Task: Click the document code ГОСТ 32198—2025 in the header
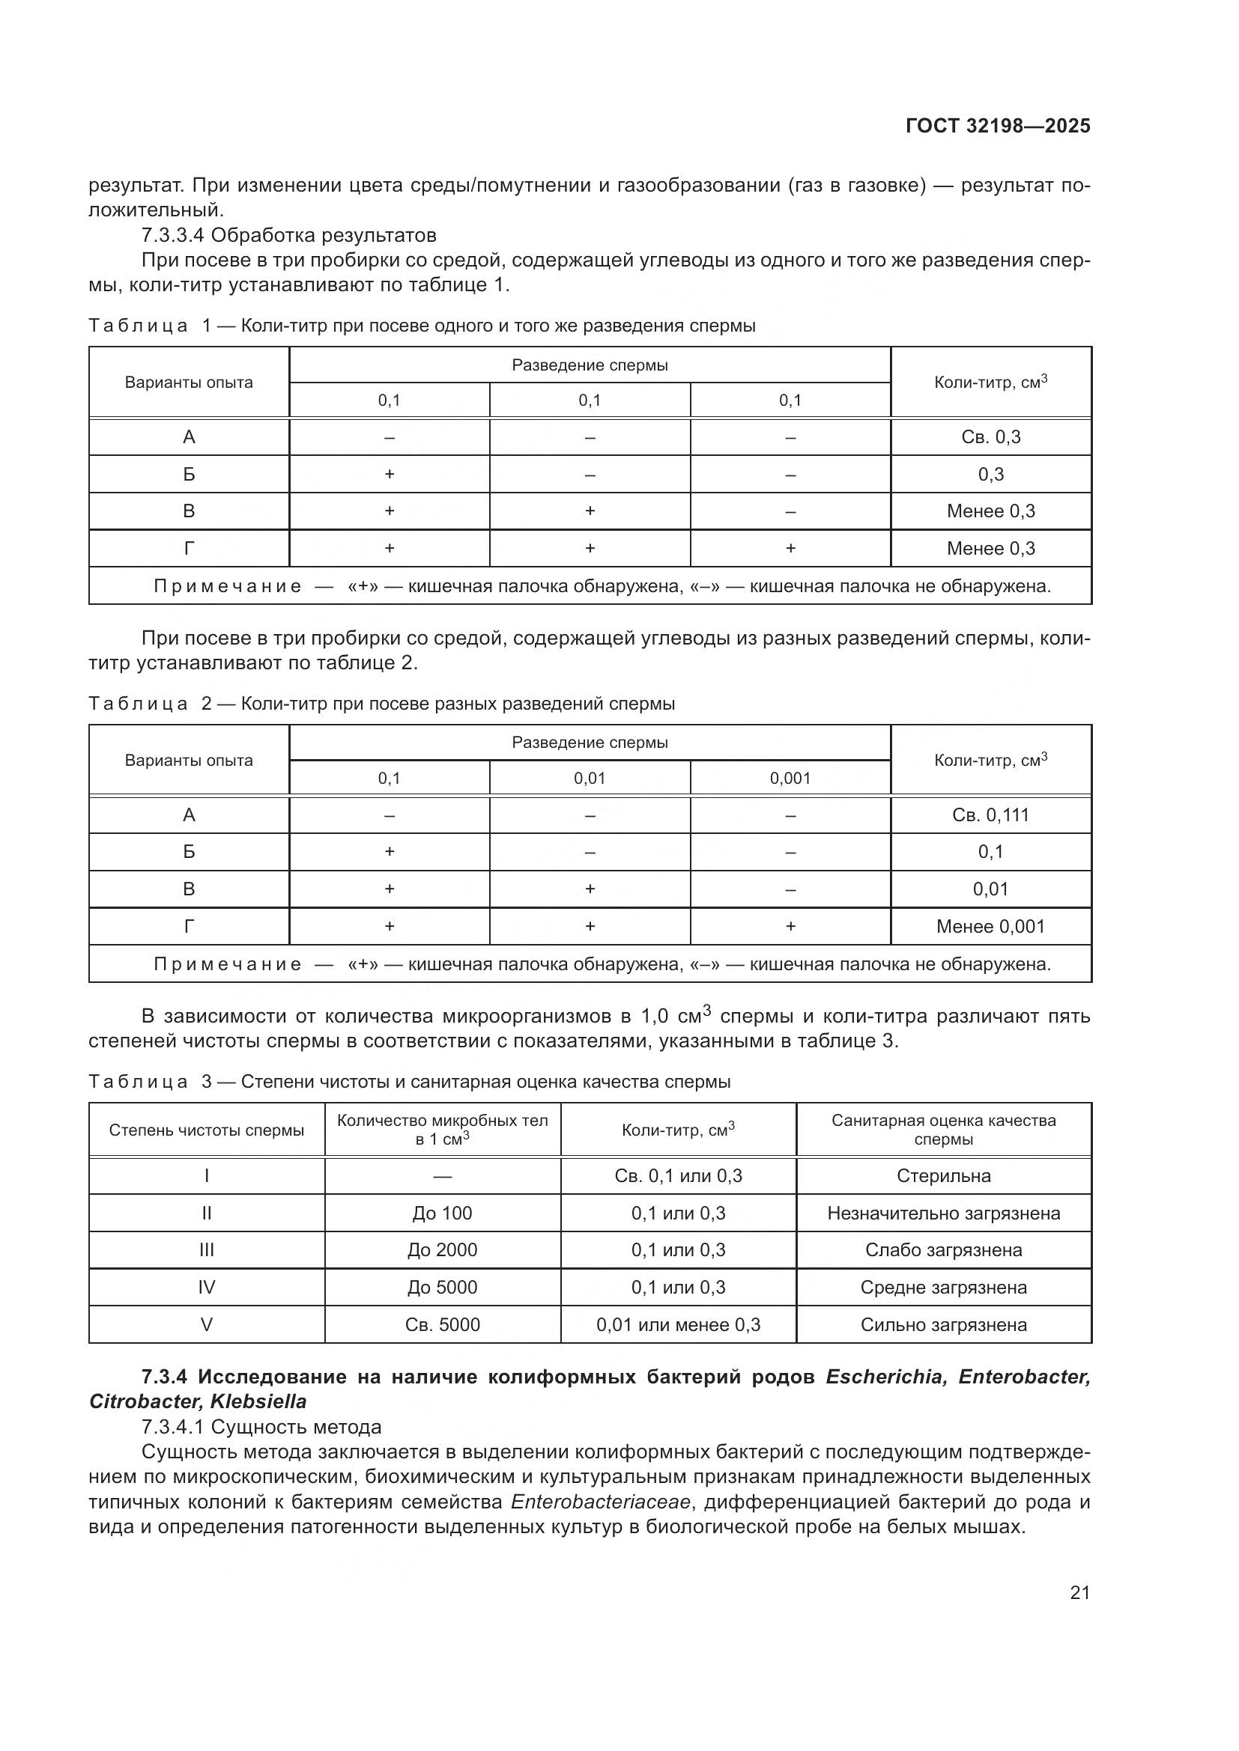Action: pos(998,127)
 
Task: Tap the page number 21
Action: pos(1079,1592)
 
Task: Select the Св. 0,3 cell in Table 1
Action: pos(990,437)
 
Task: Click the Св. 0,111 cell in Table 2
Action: pos(990,815)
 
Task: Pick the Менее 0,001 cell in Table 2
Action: pos(990,927)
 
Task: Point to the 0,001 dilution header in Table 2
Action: pos(790,779)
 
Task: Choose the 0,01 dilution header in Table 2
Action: pos(589,779)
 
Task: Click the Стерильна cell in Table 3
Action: pos(943,1176)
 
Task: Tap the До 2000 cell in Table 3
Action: pos(442,1250)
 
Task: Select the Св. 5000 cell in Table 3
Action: pos(442,1325)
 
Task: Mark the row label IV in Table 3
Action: pos(206,1288)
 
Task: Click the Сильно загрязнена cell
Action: pos(943,1325)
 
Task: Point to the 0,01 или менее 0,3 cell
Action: pos(677,1325)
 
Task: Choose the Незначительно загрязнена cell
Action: pos(943,1213)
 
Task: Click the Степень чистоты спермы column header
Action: pos(206,1130)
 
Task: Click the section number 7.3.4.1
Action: pos(172,1427)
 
